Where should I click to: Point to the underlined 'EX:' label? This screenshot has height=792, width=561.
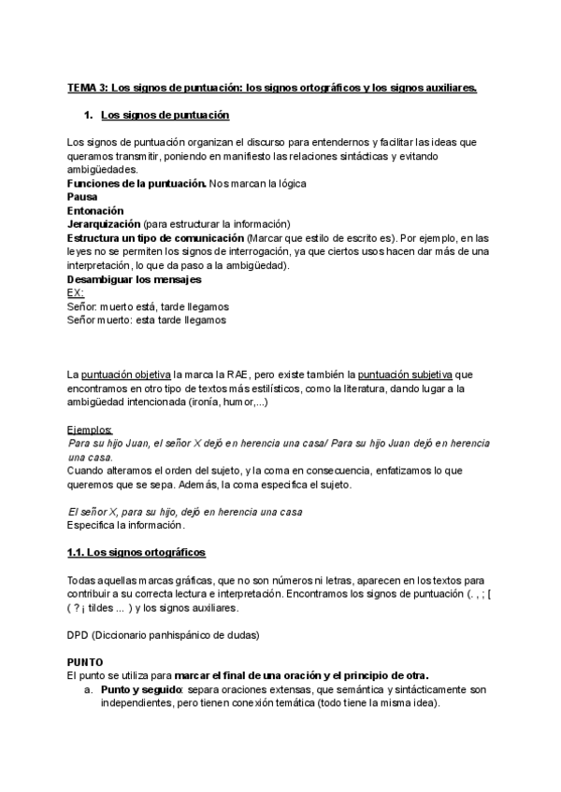pos(77,292)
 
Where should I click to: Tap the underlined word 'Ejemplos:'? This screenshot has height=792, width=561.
pos(90,429)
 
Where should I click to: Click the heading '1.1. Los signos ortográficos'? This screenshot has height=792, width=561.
pos(137,553)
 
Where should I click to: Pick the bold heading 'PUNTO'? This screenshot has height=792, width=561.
pos(87,661)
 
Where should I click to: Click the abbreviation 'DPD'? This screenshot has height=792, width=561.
pos(79,635)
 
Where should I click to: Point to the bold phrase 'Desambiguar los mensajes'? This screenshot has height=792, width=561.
pos(134,279)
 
